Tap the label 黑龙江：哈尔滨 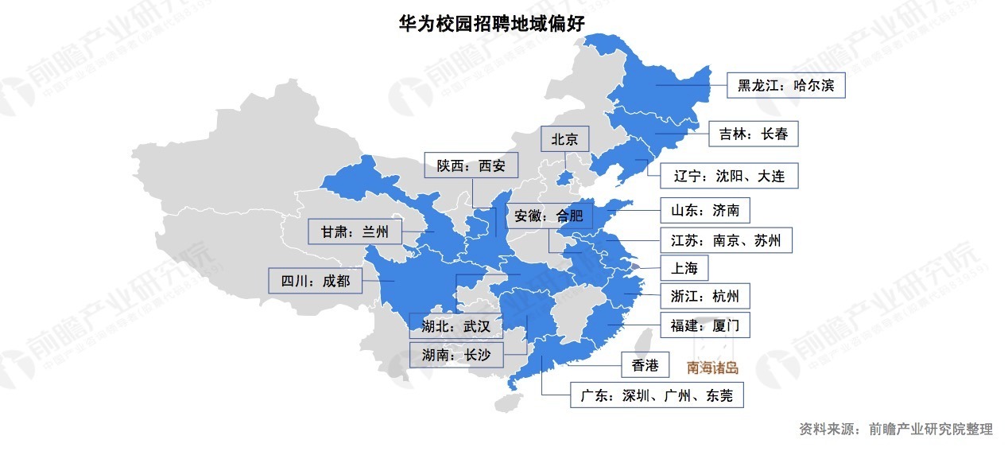coord(785,85)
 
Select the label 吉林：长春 coord(753,134)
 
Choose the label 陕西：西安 coord(471,166)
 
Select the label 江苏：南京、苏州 coord(726,239)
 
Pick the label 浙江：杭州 coord(704,297)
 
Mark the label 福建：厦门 coord(704,325)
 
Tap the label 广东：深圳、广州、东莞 coord(657,395)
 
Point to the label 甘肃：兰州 coord(355,231)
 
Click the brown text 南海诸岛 coord(713,368)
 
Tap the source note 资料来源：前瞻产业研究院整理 coord(896,429)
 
